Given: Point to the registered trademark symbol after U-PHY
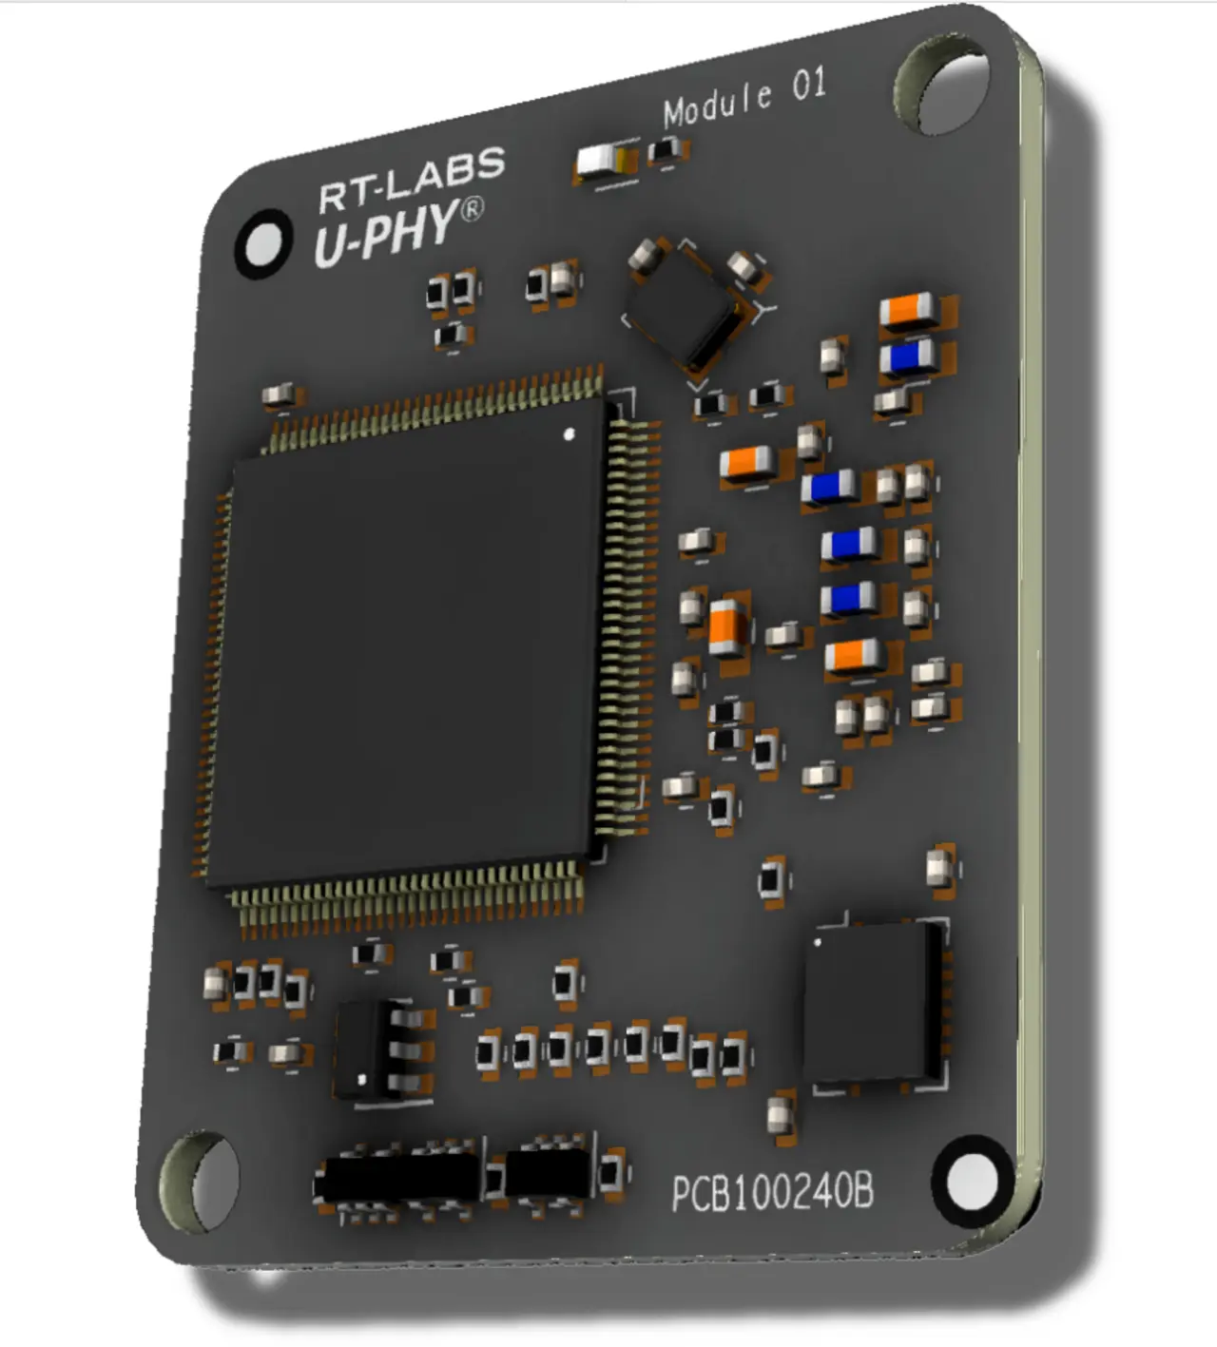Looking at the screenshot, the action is (x=472, y=209).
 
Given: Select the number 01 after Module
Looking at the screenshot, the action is (x=809, y=86).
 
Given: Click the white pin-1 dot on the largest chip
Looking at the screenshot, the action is (x=570, y=434).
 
